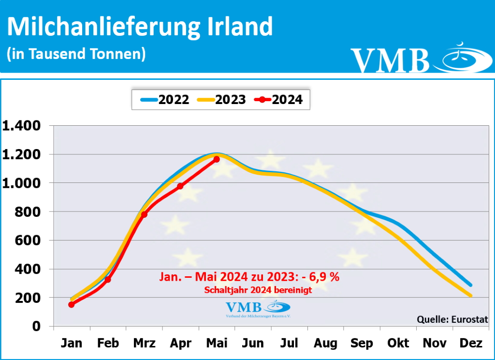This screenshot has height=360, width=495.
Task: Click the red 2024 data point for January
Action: point(72,304)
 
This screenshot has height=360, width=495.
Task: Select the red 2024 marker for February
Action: point(108,280)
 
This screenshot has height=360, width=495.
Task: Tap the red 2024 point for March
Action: point(144,214)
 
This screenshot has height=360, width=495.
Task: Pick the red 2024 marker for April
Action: point(180,186)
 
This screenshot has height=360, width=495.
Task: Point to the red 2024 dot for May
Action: point(217,159)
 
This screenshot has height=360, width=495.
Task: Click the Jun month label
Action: point(253,344)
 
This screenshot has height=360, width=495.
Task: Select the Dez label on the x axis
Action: point(471,344)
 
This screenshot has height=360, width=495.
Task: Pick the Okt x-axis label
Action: point(398,344)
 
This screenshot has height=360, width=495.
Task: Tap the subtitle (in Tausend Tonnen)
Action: point(76,53)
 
